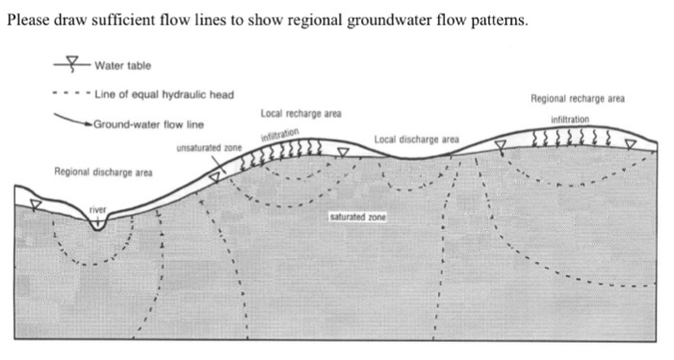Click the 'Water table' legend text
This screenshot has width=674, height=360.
(x=123, y=65)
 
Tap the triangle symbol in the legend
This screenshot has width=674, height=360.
(x=72, y=61)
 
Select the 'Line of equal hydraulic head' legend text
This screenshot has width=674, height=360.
(x=165, y=94)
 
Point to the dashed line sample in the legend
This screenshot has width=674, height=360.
(x=72, y=93)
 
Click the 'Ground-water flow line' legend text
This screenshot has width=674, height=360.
(x=148, y=124)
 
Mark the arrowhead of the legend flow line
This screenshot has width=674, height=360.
(x=90, y=124)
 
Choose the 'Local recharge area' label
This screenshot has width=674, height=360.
(x=300, y=114)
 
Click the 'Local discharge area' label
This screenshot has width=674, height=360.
(x=417, y=140)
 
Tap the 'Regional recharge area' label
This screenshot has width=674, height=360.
(x=578, y=99)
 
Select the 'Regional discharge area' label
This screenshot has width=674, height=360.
(x=103, y=172)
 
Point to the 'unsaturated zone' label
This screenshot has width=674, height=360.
(x=209, y=148)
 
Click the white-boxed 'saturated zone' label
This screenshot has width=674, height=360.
(x=357, y=217)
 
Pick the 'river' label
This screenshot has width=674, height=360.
(x=97, y=210)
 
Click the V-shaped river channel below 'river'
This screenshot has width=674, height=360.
(x=97, y=225)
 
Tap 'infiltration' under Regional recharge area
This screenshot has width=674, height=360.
(x=570, y=119)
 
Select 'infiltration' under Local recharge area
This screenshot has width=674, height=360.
(x=280, y=135)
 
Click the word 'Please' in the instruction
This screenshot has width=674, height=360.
(x=28, y=20)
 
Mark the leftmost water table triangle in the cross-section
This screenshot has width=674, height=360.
(x=36, y=204)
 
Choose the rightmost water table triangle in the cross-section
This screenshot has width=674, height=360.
(x=631, y=144)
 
